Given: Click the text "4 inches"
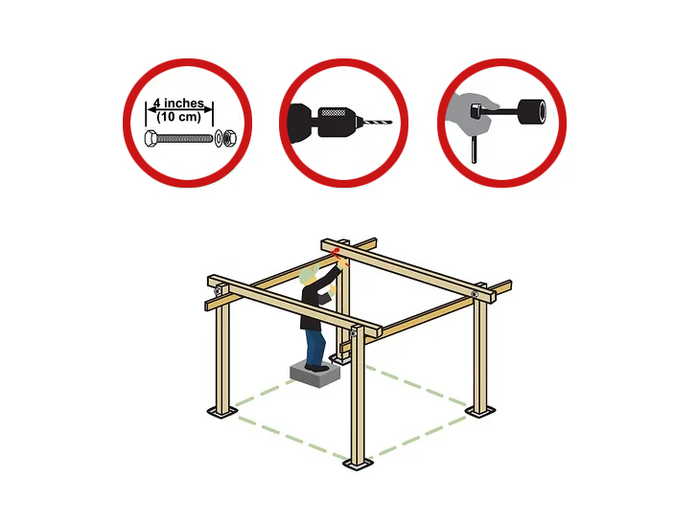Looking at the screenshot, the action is point(178,103).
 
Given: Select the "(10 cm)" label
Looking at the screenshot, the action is point(178,117).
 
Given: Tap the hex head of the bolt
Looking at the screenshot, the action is point(151,138).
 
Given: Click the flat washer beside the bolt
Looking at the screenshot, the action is point(219,138).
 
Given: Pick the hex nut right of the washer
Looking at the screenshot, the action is point(229,138).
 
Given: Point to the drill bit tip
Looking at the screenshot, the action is point(391,122).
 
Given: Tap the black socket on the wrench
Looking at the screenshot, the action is point(531,112).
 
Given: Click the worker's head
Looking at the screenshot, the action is point(308,276).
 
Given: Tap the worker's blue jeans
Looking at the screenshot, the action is point(314,347).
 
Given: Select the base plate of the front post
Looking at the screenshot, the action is point(358,465).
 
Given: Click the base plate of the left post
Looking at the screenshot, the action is point(222,412).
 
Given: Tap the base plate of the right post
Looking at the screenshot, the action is point(480,411).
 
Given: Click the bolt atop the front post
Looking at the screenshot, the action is point(353,333).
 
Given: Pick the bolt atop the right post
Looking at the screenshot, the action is point(475,294).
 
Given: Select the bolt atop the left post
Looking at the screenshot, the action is point(218,291).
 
